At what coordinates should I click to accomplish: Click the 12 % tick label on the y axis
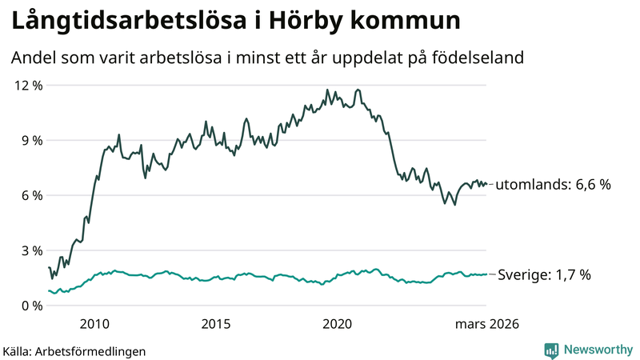[x=27, y=86]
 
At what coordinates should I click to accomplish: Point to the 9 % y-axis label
[x=30, y=141]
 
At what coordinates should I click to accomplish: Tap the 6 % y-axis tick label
[x=30, y=196]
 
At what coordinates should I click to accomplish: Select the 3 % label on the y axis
[x=30, y=251]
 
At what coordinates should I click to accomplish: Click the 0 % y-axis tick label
[x=30, y=306]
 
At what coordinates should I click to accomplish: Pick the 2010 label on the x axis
[x=94, y=324]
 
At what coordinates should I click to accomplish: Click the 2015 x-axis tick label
[x=216, y=324]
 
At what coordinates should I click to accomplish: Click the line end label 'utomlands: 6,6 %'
[x=554, y=185]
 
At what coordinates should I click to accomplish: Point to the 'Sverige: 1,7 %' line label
[x=545, y=275]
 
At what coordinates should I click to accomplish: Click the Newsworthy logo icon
[x=552, y=350]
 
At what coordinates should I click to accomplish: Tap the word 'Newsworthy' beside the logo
[x=597, y=350]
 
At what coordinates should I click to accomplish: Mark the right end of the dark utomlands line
[x=486, y=184]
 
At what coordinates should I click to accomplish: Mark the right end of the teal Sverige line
[x=486, y=274]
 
